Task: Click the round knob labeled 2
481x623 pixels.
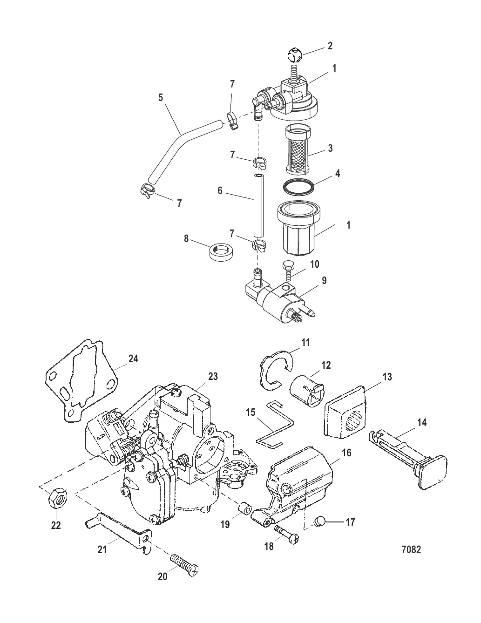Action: (294, 55)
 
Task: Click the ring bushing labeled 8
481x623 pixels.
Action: (219, 251)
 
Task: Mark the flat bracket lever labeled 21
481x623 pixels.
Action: (117, 527)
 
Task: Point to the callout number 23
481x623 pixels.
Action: (212, 376)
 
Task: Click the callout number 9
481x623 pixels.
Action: (324, 280)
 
